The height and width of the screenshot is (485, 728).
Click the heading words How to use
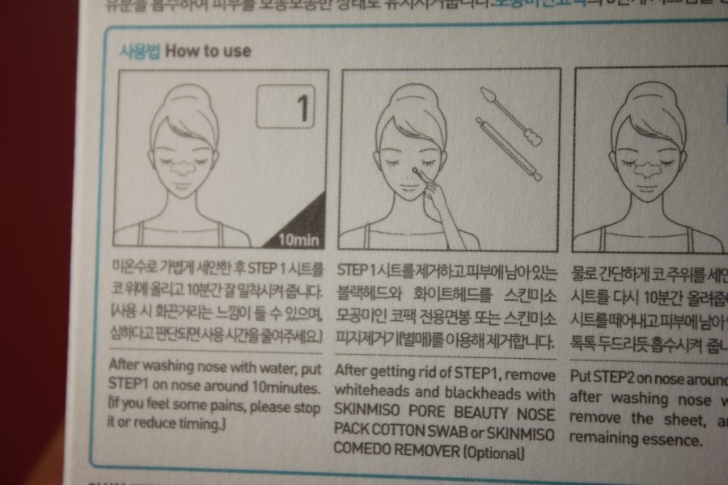(x=208, y=51)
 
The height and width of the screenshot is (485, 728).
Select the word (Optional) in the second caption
(x=493, y=453)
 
